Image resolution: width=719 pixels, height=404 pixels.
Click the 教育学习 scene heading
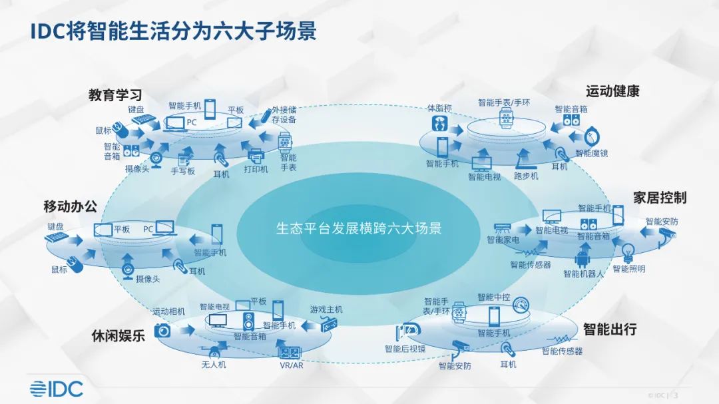pyautogui.click(x=115, y=95)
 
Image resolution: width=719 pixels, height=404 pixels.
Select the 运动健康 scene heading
pyautogui.click(x=612, y=91)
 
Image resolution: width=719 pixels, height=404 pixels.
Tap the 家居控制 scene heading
pyautogui.click(x=659, y=198)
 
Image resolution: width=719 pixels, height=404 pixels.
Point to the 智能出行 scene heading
pyautogui.click(x=609, y=329)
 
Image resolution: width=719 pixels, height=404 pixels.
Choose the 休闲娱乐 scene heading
pyautogui.click(x=119, y=335)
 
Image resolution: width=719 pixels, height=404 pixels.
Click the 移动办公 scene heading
pyautogui.click(x=70, y=206)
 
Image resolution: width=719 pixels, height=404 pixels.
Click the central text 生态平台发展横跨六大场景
pyautogui.click(x=359, y=228)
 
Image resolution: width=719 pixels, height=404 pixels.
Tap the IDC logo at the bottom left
pyautogui.click(x=57, y=389)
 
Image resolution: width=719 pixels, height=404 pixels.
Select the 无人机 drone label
pyautogui.click(x=214, y=365)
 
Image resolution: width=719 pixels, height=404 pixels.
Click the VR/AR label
pyautogui.click(x=291, y=365)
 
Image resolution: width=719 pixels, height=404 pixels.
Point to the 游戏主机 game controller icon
pyautogui.click(x=326, y=324)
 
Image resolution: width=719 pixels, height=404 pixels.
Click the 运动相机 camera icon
pyautogui.click(x=162, y=329)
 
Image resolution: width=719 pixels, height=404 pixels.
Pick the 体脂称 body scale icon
pyautogui.click(x=439, y=123)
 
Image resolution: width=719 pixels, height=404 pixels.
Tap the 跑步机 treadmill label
pyautogui.click(x=526, y=176)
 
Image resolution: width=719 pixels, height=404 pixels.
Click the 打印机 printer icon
pyautogui.click(x=256, y=156)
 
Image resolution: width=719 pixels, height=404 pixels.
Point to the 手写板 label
pyautogui.click(x=183, y=171)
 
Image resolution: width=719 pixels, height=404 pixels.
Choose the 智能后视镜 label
pyautogui.click(x=405, y=349)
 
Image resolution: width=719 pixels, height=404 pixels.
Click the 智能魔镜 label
pyautogui.click(x=592, y=153)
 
